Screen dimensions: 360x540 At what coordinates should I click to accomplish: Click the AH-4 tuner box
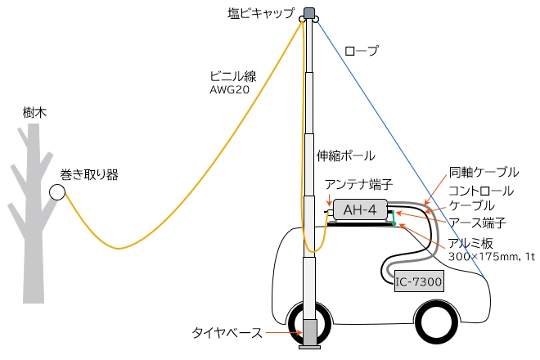[359, 210]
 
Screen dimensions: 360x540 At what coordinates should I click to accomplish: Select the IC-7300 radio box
[418, 282]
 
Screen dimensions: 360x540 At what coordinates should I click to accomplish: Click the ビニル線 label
[233, 76]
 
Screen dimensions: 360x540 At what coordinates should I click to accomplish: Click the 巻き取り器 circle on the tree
[56, 192]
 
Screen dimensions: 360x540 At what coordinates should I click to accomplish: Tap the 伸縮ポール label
[345, 155]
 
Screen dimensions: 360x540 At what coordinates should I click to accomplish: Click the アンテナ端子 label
[352, 184]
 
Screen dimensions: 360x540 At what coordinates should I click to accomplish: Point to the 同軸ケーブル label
[484, 172]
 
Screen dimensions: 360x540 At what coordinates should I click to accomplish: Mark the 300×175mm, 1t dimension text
[491, 256]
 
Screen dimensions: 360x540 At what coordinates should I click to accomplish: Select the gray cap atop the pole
[309, 14]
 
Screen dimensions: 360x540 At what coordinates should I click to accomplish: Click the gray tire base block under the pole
[309, 332]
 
